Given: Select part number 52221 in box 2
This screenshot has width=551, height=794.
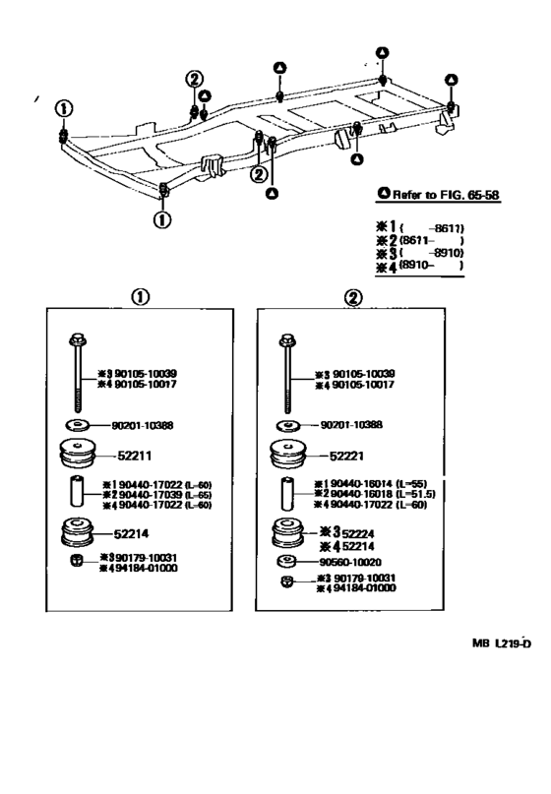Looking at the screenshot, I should pyautogui.click(x=347, y=457).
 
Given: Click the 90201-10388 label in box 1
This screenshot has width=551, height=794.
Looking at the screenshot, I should pyautogui.click(x=150, y=424).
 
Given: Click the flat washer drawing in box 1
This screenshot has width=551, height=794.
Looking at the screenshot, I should pyautogui.click(x=76, y=424).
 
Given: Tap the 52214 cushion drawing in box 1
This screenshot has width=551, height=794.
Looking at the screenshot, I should pyautogui.click(x=77, y=532).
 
